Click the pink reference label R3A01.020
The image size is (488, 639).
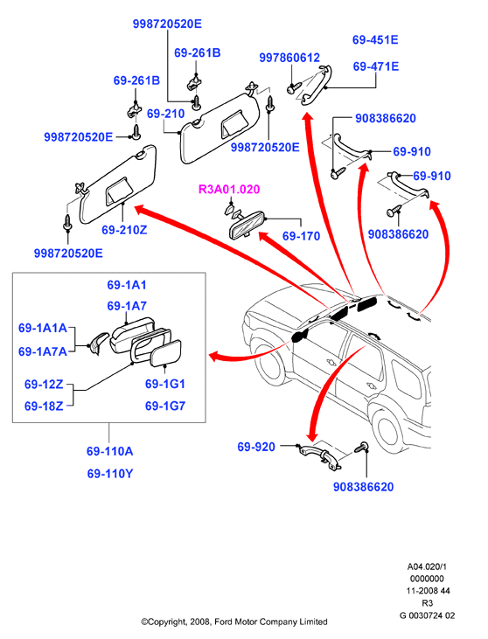click(x=229, y=189)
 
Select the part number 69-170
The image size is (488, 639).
click(x=301, y=235)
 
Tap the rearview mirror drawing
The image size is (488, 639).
click(x=247, y=225)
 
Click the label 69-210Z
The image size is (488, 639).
click(x=124, y=230)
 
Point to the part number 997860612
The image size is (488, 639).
click(x=289, y=58)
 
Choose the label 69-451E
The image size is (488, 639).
click(x=375, y=40)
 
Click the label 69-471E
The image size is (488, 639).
click(x=375, y=66)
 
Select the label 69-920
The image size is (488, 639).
click(x=256, y=447)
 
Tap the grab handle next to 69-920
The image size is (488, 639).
click(x=319, y=455)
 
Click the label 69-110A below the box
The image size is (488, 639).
click(x=109, y=451)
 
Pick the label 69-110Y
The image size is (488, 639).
click(x=110, y=474)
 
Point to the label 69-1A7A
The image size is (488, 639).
click(x=43, y=351)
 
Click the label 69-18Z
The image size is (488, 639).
click(x=44, y=406)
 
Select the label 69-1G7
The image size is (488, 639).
click(x=165, y=406)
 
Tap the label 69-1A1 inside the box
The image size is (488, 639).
click(x=127, y=285)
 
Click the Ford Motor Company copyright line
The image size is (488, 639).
click(x=234, y=622)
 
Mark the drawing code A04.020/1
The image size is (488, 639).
click(x=427, y=566)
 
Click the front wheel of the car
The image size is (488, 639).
click(x=269, y=364)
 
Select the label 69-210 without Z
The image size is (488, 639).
click(x=165, y=114)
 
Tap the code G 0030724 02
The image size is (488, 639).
click(x=427, y=615)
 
